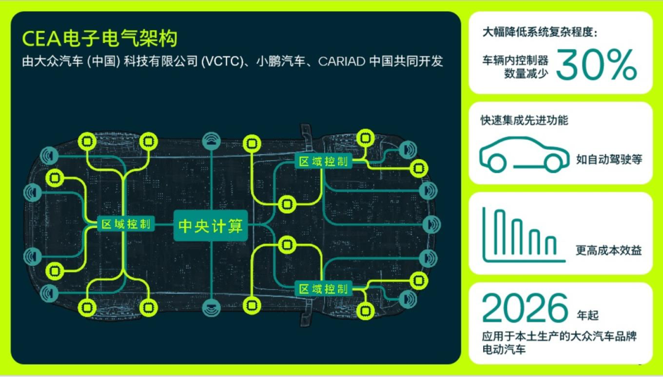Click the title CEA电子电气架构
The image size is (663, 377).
(99, 38)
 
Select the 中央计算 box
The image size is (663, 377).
(211, 226)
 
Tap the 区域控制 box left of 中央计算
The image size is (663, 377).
(126, 224)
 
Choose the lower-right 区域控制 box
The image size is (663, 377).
(324, 288)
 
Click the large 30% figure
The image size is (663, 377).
(596, 66)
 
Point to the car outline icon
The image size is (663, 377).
(524, 154)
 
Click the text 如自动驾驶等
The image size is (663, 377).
(609, 159)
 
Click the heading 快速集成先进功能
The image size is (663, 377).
(524, 120)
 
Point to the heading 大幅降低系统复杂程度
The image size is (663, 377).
(540, 31)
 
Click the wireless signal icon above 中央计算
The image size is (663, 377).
(211, 141)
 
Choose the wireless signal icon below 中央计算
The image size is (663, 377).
(211, 306)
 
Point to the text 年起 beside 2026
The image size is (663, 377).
(587, 316)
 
